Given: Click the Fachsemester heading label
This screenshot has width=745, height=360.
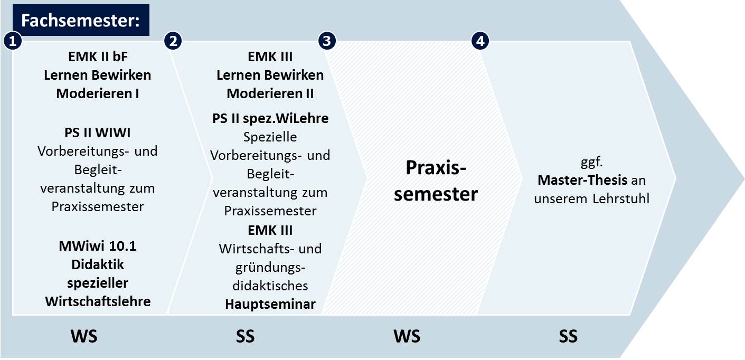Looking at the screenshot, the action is (80, 20).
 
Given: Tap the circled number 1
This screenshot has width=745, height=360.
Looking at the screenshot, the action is (13, 41).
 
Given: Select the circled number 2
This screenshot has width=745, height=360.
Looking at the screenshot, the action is (173, 41).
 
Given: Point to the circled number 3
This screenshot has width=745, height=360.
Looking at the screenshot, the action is (327, 41).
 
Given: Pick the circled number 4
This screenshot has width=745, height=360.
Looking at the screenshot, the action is (480, 41).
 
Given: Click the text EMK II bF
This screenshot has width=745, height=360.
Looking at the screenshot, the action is (98, 57).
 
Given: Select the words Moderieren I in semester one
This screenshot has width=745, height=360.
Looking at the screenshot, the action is (98, 94).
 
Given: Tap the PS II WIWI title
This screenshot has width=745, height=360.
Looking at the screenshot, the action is (98, 132).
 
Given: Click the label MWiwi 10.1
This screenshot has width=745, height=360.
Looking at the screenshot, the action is (98, 246).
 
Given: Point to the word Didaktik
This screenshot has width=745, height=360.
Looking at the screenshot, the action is (98, 264).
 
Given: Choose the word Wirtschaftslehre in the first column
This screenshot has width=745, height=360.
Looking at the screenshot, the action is (98, 301).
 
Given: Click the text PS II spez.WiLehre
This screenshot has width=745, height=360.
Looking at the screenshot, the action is (270, 119).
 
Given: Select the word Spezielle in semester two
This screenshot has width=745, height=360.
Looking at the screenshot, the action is (270, 137).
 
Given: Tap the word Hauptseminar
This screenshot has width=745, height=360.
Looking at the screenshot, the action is (270, 305).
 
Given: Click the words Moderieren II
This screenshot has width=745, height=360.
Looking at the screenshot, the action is (270, 94).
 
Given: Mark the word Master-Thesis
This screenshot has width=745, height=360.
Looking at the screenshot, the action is (582, 180).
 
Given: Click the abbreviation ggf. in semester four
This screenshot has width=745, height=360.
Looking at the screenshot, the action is (591, 162).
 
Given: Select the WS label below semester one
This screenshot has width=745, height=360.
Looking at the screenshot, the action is (84, 336).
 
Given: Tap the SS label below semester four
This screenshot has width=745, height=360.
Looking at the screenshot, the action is (568, 336).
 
